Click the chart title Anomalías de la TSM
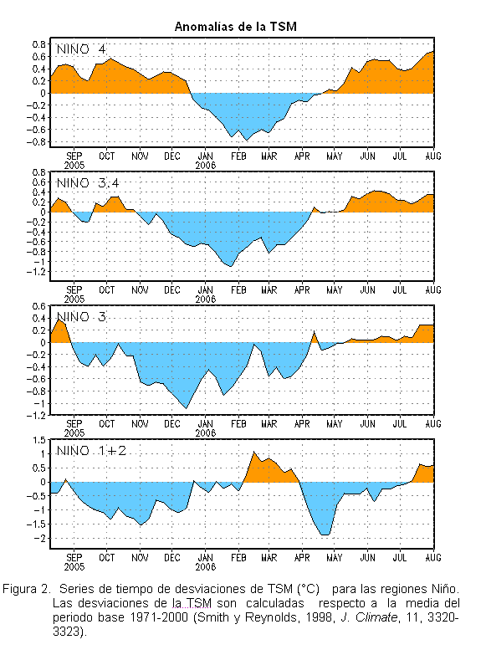tap(236, 27)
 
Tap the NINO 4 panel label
tap(81, 49)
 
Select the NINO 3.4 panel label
tap(88, 183)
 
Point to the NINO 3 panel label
tap(81, 317)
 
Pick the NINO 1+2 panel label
tap(91, 451)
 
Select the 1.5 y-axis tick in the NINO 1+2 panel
tap(39, 440)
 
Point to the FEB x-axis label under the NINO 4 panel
tap(238, 156)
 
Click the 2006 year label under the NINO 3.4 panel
tap(205, 299)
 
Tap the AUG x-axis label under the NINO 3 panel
tap(433, 423)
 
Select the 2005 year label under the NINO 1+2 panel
tap(74, 567)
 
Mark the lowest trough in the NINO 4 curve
tap(247, 140)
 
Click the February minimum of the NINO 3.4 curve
tap(231, 266)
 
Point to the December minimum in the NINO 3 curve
tap(187, 408)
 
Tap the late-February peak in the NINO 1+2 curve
tap(253, 452)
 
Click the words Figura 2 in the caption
tap(26, 590)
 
